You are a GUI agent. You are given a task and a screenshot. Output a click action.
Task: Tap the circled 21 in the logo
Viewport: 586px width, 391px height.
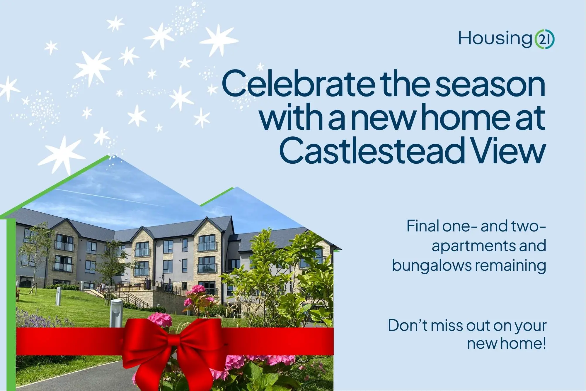point(544,39)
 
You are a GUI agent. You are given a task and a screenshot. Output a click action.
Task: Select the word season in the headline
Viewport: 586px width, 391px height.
point(490,84)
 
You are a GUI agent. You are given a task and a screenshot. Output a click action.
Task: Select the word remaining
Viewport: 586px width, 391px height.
point(510,266)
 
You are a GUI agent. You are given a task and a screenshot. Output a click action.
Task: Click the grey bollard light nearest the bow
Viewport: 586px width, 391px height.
point(116,313)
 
